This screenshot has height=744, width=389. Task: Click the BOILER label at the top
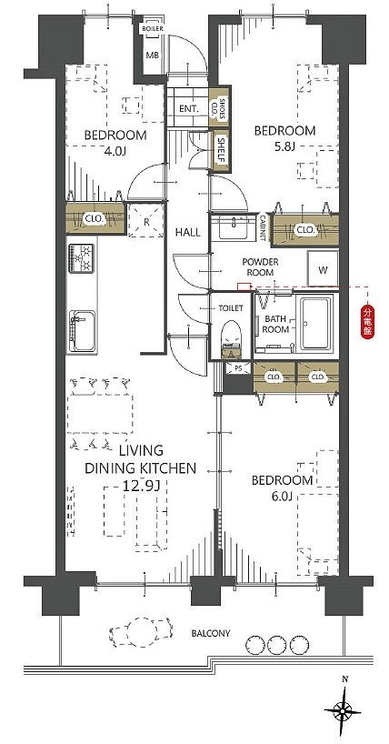point(153,28)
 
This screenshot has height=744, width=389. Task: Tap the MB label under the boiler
point(152,55)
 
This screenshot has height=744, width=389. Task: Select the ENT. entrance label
point(189,108)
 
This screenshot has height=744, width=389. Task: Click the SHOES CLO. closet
point(219,106)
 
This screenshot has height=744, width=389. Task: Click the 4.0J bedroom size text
point(115,151)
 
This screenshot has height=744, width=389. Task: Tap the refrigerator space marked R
point(146,220)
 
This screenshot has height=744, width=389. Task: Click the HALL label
point(188,233)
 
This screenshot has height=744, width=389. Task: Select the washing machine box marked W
point(323,268)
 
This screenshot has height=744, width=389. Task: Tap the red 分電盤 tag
point(368,322)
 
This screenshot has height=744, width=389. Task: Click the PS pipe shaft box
point(235,367)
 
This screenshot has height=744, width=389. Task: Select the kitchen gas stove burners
point(81,258)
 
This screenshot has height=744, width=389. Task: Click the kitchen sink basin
point(82,330)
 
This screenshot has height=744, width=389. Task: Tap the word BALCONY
point(211,633)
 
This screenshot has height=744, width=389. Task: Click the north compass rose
point(342,710)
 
